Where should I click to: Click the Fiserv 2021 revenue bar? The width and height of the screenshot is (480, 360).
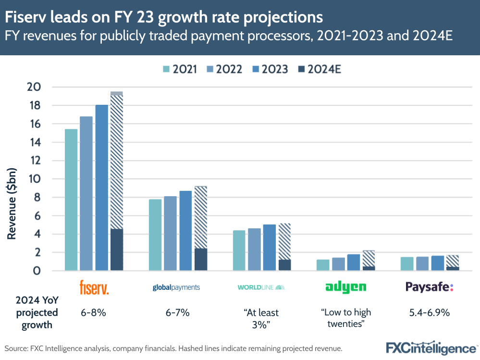(71, 199)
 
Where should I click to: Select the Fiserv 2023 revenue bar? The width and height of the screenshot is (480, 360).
(101, 187)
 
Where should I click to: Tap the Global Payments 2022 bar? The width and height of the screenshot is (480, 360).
(170, 233)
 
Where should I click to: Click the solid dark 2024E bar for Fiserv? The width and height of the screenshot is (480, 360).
(117, 249)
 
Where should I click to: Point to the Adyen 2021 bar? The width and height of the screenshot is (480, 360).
(323, 265)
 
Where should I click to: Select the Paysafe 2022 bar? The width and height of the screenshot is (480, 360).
(422, 263)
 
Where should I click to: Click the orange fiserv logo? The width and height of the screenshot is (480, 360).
(94, 287)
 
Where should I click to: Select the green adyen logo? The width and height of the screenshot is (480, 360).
(345, 287)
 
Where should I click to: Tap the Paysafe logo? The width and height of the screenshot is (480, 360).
(429, 287)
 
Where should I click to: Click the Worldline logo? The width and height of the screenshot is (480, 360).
(261, 287)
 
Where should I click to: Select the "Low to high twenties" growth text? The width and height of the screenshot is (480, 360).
(346, 318)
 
